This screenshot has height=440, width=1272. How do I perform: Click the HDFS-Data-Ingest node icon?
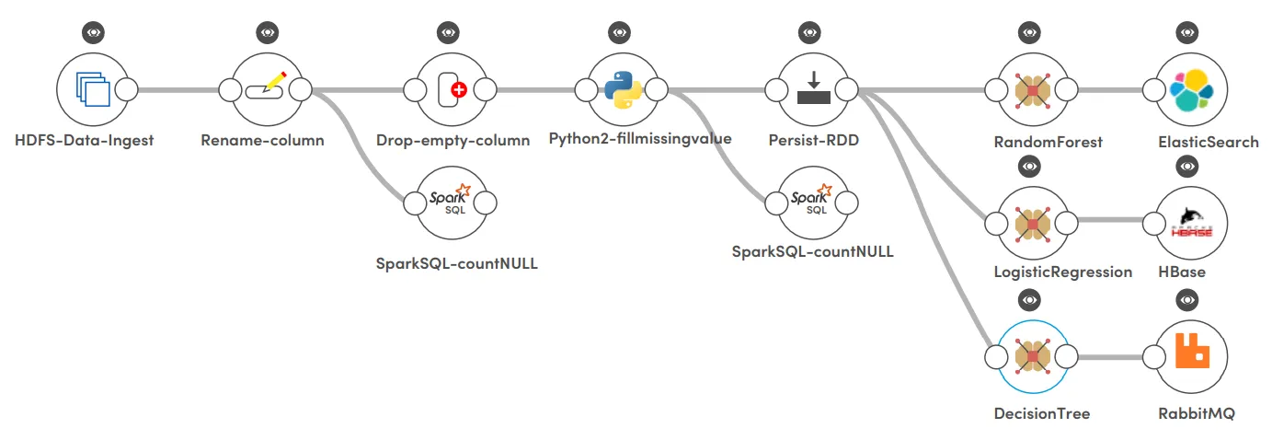(92, 89)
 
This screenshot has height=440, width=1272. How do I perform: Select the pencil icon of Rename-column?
(267, 88)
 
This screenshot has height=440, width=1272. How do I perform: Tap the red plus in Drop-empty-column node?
(457, 89)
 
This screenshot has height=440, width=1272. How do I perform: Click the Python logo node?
(623, 89)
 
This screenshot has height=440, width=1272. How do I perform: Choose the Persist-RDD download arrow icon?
(813, 89)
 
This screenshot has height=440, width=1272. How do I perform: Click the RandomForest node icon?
(1032, 90)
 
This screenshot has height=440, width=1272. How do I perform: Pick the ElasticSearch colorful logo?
(1191, 90)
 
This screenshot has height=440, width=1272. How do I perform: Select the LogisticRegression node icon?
(1032, 222)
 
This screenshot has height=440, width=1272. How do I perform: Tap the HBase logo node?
(1191, 222)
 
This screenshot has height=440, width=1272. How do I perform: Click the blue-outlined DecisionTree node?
(1032, 355)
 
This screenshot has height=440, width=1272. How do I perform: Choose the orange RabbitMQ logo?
(1191, 355)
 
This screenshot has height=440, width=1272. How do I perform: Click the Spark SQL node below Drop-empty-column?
(451, 202)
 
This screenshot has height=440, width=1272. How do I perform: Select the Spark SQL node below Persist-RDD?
(813, 202)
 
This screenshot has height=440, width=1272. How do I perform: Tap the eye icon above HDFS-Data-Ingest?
(92, 32)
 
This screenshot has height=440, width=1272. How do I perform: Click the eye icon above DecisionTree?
(1030, 300)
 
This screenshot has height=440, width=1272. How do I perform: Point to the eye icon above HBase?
(1187, 167)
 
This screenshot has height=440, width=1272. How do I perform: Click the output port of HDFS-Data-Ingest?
(126, 90)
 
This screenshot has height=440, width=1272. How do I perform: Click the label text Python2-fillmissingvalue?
(640, 140)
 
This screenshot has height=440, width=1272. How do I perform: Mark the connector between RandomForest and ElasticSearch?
(1110, 90)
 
